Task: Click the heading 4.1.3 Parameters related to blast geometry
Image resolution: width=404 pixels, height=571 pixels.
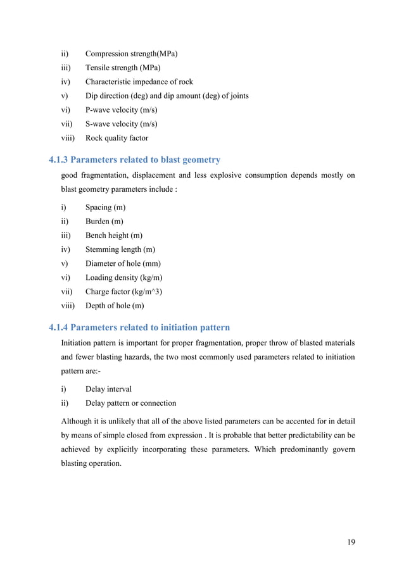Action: point(135,160)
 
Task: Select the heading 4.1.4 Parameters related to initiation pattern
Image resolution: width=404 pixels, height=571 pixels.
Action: point(139,327)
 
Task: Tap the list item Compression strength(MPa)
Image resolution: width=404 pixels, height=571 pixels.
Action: point(131,53)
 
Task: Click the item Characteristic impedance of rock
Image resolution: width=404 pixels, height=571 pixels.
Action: point(139,82)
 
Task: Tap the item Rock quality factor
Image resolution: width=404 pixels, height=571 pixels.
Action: point(117,138)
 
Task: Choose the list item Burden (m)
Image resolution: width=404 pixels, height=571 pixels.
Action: point(104,222)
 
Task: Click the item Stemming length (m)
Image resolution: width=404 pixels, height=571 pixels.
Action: point(120,249)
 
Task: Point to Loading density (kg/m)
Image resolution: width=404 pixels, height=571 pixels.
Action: point(122,278)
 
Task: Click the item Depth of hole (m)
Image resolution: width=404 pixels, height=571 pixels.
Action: point(115,306)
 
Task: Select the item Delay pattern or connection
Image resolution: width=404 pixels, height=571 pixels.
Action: point(131,403)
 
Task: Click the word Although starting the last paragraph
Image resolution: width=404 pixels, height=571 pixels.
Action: point(79,422)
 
